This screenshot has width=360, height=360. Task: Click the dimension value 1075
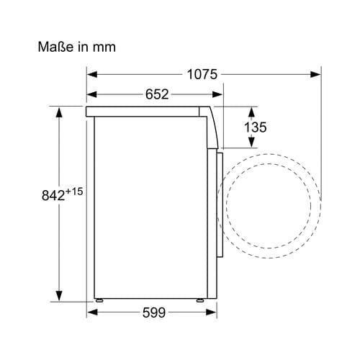[202, 74]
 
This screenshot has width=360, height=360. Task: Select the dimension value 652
[157, 94]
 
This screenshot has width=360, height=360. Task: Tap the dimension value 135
[255, 127]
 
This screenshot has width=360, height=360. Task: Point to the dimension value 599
[154, 312]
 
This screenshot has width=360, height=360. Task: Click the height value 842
[53, 195]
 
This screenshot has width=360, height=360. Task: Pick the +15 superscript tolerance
[74, 192]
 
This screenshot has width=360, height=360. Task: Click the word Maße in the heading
[55, 47]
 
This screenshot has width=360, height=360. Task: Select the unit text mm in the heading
[104, 48]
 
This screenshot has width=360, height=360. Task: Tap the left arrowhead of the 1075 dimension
[92, 74]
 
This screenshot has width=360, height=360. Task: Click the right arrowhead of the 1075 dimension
[315, 74]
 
